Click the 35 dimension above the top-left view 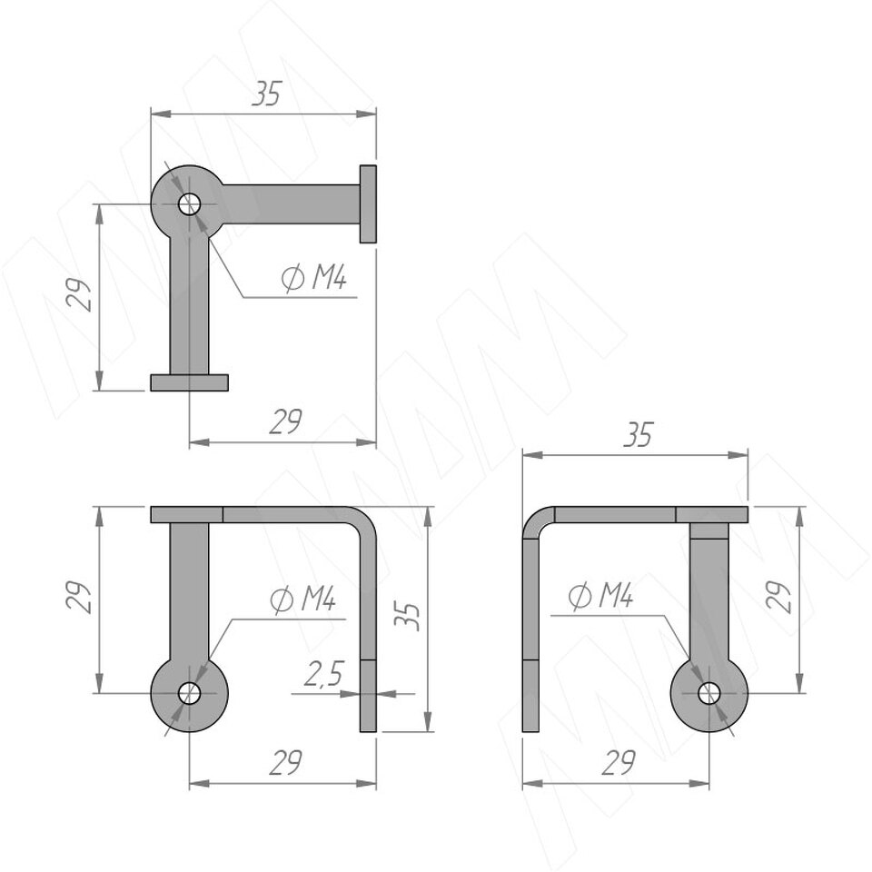click(267, 94)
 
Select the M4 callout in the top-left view click(314, 278)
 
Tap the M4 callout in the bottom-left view click(303, 599)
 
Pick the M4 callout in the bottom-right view click(601, 596)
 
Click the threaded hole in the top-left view click(189, 204)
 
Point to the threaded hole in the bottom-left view click(189, 693)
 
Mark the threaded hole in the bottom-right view click(709, 693)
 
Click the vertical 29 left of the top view click(78, 294)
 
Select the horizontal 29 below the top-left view click(285, 421)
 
